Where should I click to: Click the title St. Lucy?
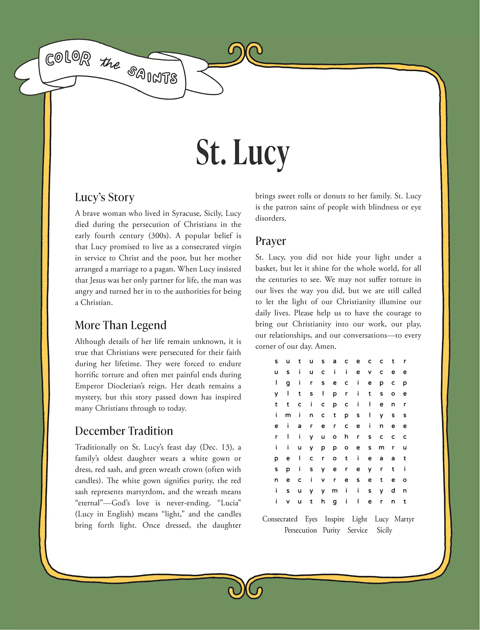(243, 153)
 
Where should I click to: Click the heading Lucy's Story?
(105, 197)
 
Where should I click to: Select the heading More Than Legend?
(121, 325)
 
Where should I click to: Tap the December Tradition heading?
(124, 431)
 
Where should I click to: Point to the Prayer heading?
(270, 241)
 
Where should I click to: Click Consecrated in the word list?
(280, 519)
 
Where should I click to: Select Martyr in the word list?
(404, 519)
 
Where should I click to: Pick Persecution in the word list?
(300, 530)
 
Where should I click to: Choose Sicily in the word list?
(384, 530)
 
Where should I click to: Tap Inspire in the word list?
(334, 519)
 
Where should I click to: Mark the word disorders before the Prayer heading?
(270, 218)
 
